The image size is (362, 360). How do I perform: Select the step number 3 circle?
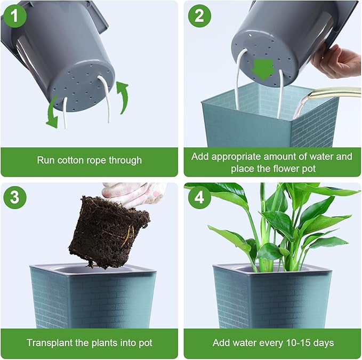pyautogui.click(x=15, y=197)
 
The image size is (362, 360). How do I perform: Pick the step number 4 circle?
pyautogui.click(x=199, y=197)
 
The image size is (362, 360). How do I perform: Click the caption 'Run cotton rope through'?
pyautogui.click(x=89, y=159)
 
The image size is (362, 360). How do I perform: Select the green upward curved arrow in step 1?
pyautogui.click(x=123, y=96)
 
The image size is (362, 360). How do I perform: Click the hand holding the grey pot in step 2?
pyautogui.click(x=336, y=60)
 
